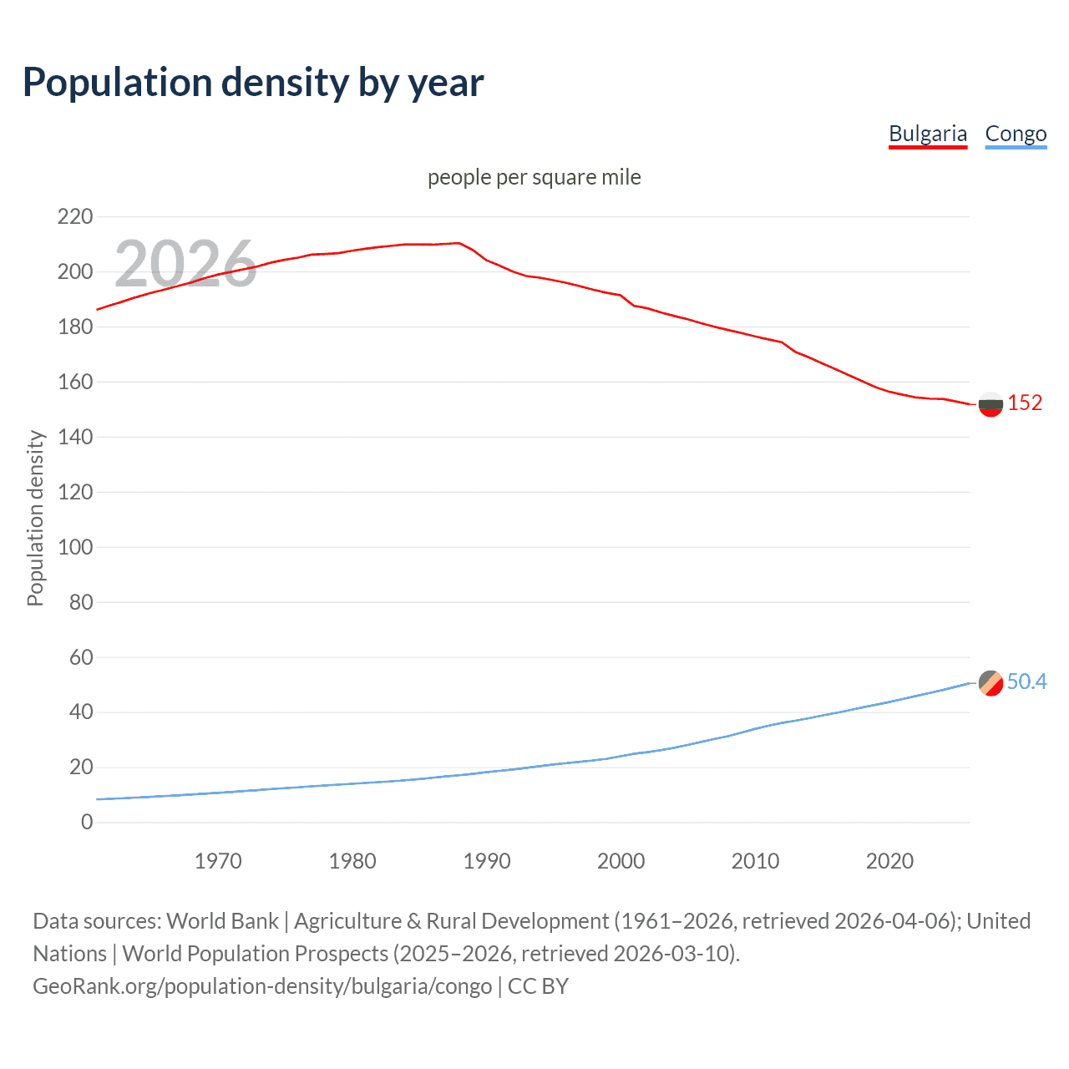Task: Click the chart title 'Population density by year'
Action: click(253, 83)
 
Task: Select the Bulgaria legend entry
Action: click(927, 134)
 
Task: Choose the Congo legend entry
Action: click(1016, 134)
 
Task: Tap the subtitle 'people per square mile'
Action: click(534, 177)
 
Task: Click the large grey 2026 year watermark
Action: click(185, 264)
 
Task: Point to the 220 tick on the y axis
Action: click(75, 217)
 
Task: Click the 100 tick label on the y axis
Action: click(75, 547)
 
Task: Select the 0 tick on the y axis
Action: click(87, 822)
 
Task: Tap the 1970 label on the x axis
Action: click(218, 861)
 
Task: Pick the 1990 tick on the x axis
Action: click(487, 861)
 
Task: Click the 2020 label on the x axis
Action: click(889, 861)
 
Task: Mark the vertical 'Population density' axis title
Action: click(35, 518)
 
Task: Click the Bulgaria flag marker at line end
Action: click(990, 404)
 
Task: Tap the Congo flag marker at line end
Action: click(990, 682)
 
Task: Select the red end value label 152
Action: click(1025, 403)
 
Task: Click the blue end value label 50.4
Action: click(1026, 681)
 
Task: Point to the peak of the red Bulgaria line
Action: click(458, 243)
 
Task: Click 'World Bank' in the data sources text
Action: click(222, 920)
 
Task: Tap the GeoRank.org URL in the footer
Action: click(262, 985)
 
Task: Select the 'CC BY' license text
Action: click(538, 985)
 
